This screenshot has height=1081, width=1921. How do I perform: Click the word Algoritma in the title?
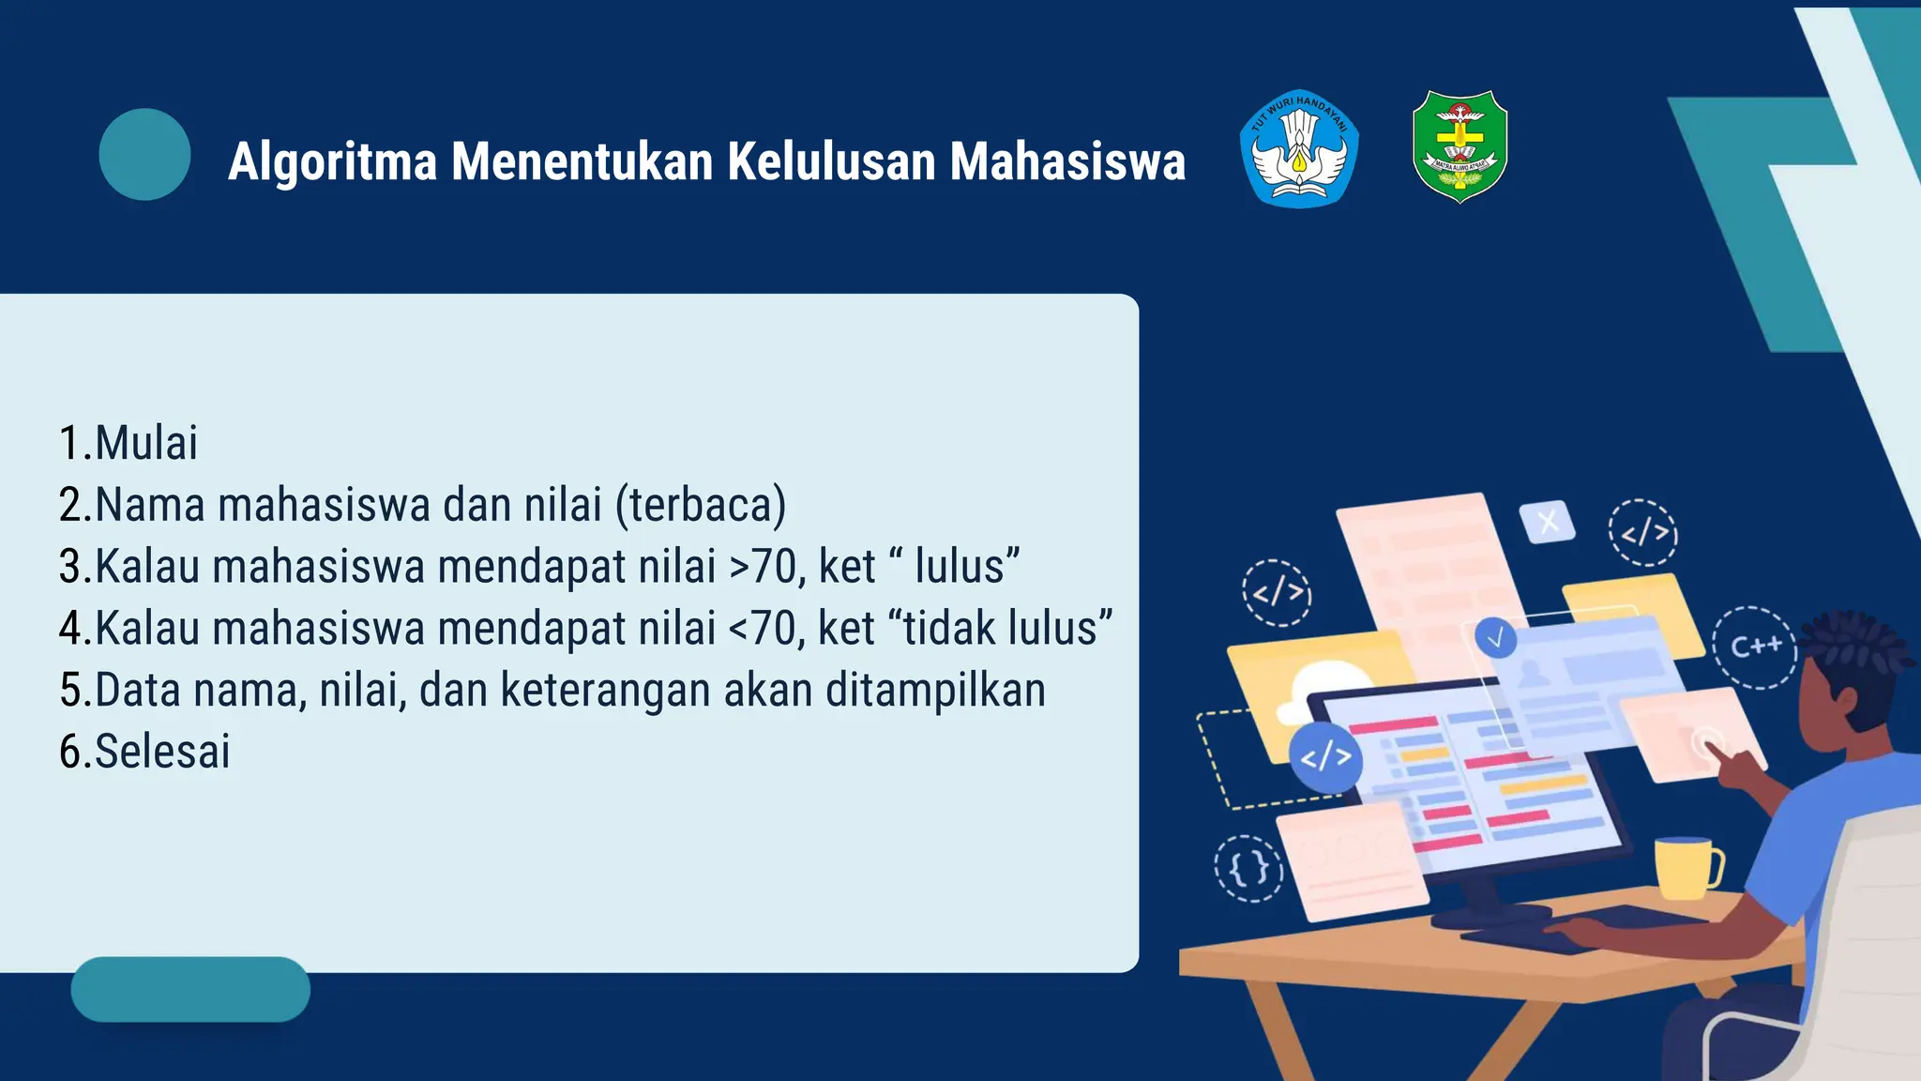(333, 161)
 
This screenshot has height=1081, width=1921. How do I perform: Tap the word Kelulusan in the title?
(829, 161)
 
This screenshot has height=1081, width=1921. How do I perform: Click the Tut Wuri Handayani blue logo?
(1299, 148)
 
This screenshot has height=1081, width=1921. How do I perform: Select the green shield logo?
(1460, 145)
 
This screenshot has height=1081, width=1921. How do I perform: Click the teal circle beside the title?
(144, 154)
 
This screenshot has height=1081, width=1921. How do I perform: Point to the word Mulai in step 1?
(146, 443)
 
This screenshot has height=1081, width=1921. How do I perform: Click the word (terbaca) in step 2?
(701, 505)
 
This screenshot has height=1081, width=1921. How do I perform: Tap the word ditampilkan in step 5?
(935, 691)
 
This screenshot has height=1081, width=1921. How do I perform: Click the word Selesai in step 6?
(162, 752)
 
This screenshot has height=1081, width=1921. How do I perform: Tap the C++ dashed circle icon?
(1755, 647)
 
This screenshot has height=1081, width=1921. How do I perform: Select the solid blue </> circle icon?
(1325, 756)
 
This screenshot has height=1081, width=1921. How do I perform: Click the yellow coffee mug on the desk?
(1686, 867)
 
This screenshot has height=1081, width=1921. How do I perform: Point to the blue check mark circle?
(1495, 638)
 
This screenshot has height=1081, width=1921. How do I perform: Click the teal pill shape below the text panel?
(190, 989)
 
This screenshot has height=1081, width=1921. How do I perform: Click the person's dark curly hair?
(1862, 647)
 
